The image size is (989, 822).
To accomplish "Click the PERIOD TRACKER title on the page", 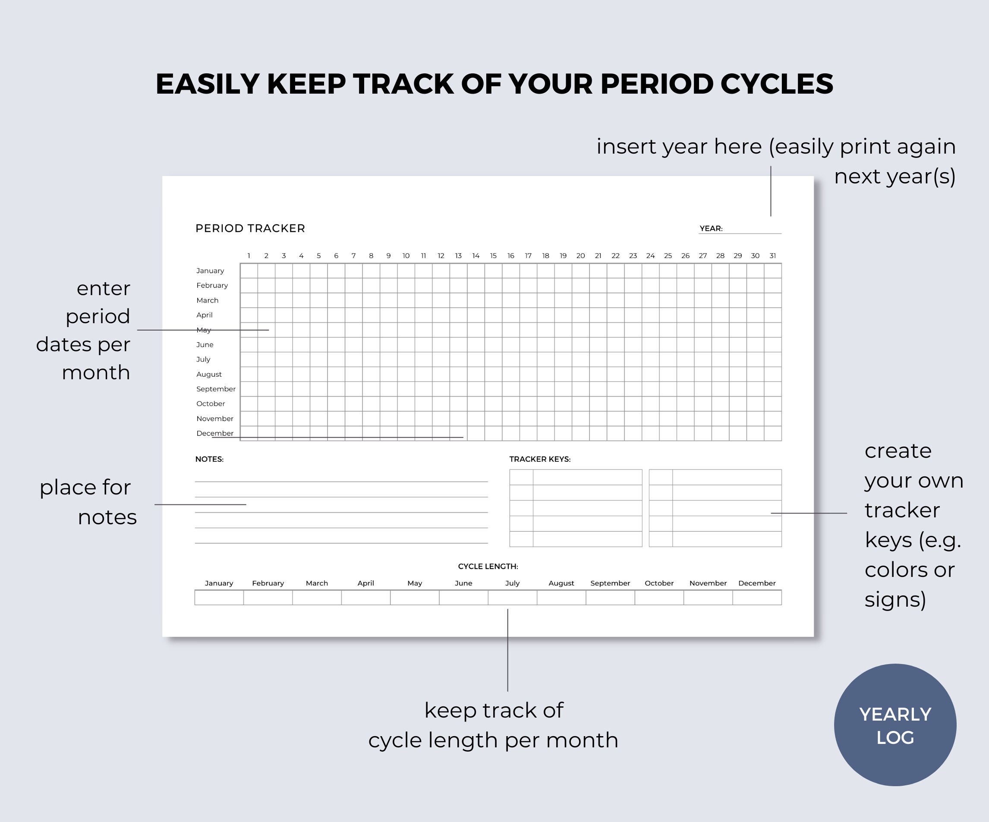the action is coord(250,228).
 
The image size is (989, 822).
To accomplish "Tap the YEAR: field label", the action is coord(711,228).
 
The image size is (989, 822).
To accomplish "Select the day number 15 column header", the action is coord(493,256).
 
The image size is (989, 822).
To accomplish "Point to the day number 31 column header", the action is coord(772,256).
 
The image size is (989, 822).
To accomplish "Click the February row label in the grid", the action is coord(212,286).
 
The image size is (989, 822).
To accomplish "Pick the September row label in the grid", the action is coord(216,389).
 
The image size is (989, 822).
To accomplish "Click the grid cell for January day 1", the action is coord(249,271).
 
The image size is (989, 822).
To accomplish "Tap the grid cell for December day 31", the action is coord(772,433).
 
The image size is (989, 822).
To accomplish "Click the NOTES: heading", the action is coord(209,459).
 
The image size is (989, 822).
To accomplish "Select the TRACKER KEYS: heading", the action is coord(540,459).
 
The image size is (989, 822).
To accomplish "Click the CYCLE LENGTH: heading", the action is coord(488,566).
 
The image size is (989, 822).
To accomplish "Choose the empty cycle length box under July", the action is coord(512,597).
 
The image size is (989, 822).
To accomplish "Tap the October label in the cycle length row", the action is coord(659,583).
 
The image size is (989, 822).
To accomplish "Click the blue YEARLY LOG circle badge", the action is coord(895,724).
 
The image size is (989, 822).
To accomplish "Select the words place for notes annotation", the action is coord(88,502).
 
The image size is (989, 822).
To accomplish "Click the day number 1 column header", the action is coord(249,256).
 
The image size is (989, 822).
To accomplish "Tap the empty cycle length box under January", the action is coord(219,597).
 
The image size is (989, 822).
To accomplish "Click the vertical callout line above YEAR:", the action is coord(771,191).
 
